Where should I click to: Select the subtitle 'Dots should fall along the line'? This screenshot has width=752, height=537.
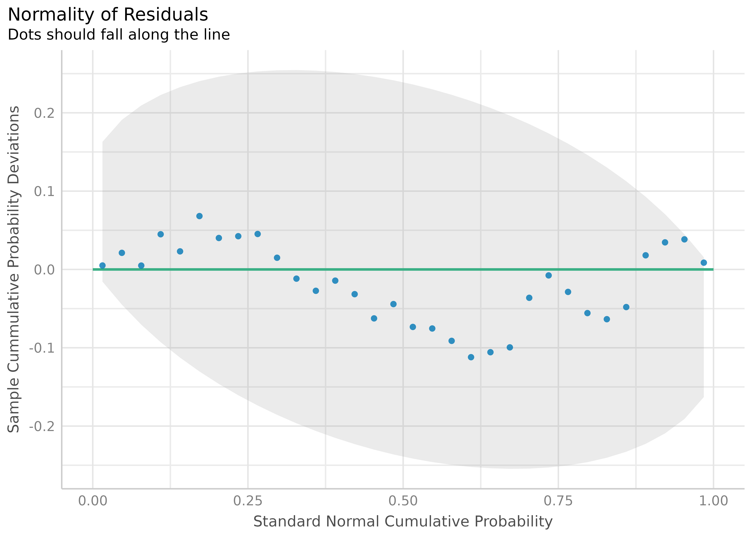pyautogui.click(x=119, y=35)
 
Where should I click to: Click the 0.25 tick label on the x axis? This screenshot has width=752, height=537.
pyautogui.click(x=248, y=501)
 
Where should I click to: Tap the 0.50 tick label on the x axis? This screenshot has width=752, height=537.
pyautogui.click(x=403, y=501)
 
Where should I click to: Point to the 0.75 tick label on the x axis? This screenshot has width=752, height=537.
pyautogui.click(x=558, y=501)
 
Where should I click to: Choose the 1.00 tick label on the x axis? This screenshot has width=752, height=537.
pyautogui.click(x=713, y=501)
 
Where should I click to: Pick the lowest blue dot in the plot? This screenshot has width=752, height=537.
pyautogui.click(x=471, y=357)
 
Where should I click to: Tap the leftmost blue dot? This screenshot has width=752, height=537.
pyautogui.click(x=103, y=265)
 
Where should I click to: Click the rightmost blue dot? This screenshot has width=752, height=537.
pyautogui.click(x=704, y=263)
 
